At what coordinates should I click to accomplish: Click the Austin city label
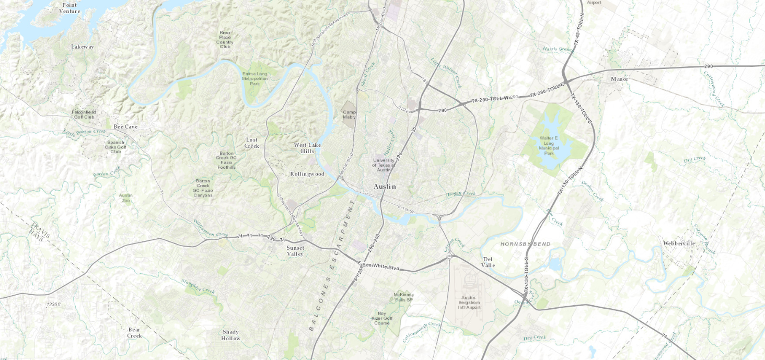pos(385,187)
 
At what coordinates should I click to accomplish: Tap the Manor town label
pos(620,79)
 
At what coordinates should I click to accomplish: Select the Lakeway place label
pos(83,47)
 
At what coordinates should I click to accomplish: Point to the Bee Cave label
pos(125,127)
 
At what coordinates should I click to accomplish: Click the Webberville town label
pos(679,243)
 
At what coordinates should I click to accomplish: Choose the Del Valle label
pos(488,262)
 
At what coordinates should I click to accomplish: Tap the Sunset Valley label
pos(295,251)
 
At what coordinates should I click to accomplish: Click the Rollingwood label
pos(307,174)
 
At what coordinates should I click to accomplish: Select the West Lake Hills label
pos(307,148)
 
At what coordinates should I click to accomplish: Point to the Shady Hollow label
pos(230,335)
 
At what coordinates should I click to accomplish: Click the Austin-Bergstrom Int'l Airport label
pos(469,301)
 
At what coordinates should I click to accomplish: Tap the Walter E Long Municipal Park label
pos(549,146)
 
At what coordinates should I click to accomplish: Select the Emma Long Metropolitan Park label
pos(254,78)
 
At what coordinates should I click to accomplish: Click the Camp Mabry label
pos(349,114)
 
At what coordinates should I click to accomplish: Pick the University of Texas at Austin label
pos(384,165)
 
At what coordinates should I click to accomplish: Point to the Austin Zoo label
pos(125,198)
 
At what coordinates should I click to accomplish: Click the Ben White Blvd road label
pos(381,266)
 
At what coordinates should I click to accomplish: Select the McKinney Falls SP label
pos(403,297)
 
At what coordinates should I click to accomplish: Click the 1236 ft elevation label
pos(53,304)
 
